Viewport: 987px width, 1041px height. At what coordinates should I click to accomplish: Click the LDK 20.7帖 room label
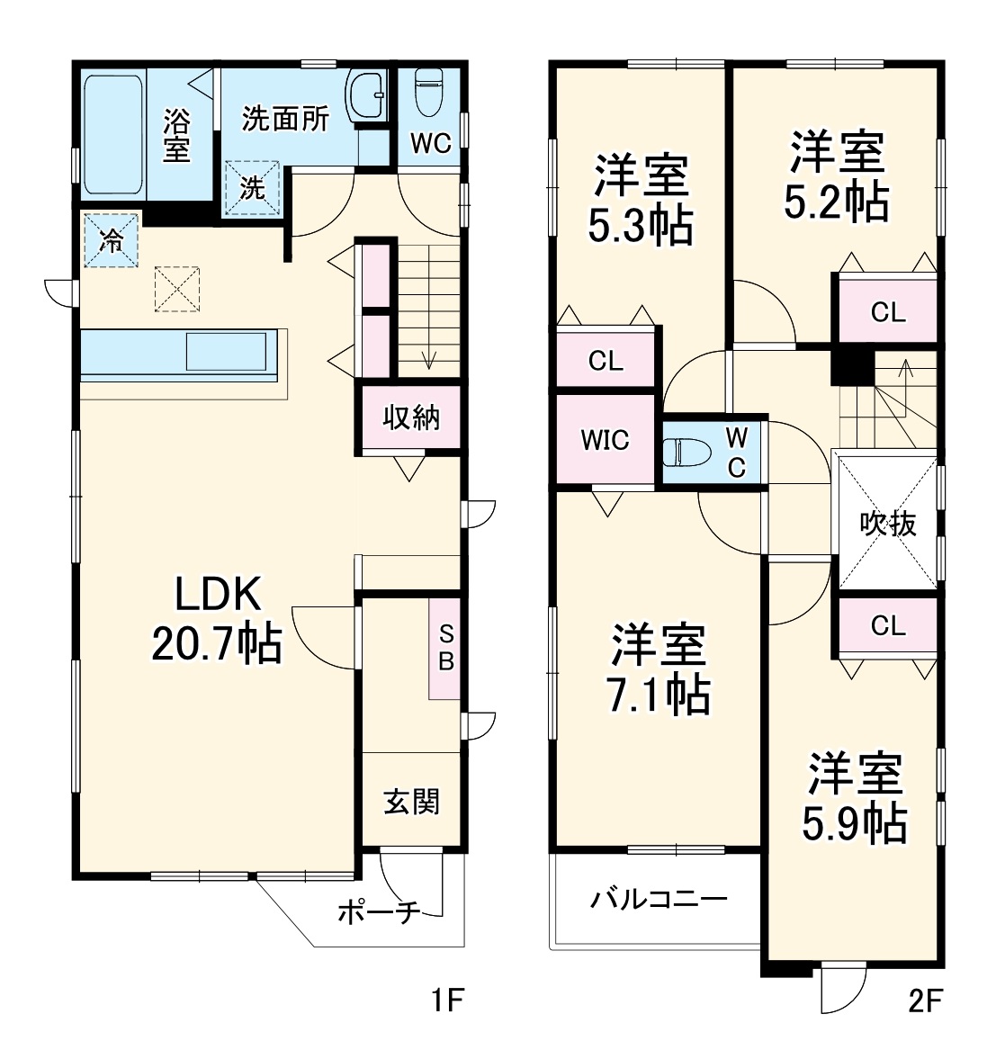pos(217,619)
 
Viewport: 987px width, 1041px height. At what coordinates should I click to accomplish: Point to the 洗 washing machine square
pos(253,188)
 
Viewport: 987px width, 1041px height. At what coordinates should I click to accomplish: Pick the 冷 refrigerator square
pos(112,240)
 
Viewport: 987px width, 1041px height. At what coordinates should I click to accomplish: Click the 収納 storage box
pos(411,417)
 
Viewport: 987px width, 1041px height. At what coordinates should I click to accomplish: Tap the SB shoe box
pos(445,648)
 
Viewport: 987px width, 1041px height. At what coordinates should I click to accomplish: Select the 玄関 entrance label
pos(412,801)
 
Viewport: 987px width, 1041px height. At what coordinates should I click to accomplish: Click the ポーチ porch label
pos(379,912)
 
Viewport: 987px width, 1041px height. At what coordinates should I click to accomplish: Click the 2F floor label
pos(923,1000)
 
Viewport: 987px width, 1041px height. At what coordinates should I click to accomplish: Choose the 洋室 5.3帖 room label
pos(641,200)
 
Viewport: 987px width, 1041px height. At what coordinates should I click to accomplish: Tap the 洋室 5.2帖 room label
pos(836,176)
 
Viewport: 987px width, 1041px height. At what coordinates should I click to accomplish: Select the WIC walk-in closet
pos(605,440)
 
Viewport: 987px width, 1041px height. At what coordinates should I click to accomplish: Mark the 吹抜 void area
pos(888,523)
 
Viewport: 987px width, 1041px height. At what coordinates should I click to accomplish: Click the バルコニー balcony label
pos(659,899)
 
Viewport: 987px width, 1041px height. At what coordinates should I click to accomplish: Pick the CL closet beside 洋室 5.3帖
pos(606,361)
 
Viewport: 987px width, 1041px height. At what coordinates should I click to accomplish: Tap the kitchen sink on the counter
pos(226,351)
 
